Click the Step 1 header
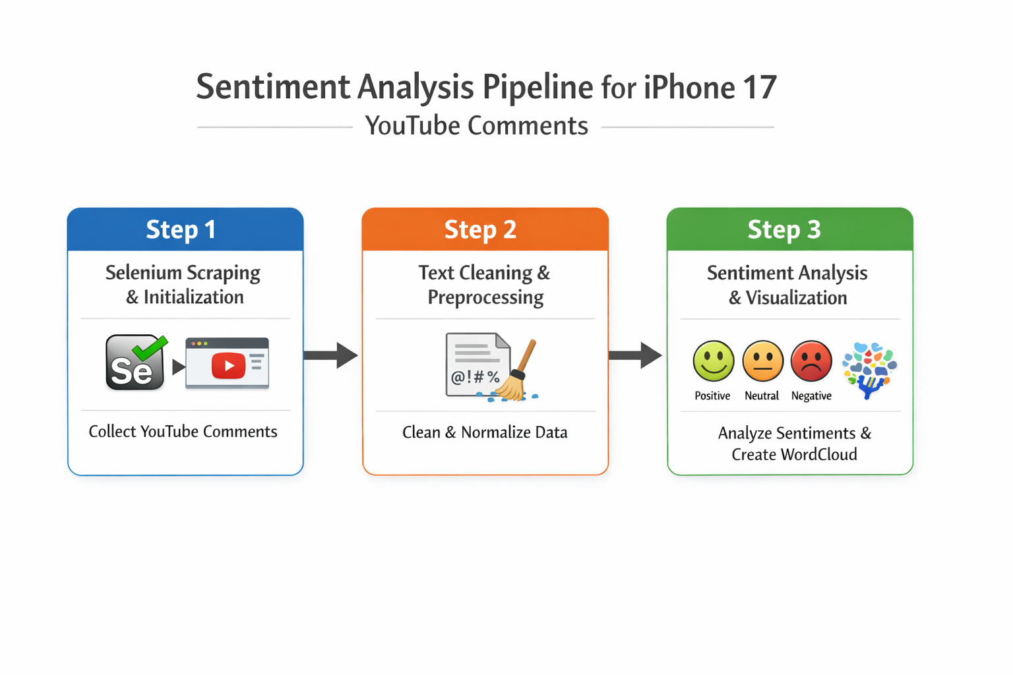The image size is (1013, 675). tap(181, 229)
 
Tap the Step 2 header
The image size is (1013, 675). tap(481, 229)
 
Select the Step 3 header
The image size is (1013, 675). tap(784, 229)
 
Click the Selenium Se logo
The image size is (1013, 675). tap(135, 363)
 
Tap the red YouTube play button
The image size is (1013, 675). tap(228, 366)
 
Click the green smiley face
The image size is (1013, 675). tap(713, 361)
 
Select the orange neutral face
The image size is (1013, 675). tap(762, 361)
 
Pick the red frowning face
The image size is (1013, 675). tap(811, 361)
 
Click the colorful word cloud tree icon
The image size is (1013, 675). tap(869, 368)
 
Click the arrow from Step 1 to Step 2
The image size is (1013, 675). tap(331, 355)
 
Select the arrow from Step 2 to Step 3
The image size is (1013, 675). tap(635, 355)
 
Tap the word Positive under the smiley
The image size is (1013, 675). tap(712, 396)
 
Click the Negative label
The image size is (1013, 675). tap(811, 396)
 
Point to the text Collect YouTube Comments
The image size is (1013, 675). tap(183, 432)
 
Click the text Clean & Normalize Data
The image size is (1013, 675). tap(485, 432)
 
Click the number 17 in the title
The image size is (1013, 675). tap(760, 88)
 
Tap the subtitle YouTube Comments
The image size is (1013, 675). tap(476, 126)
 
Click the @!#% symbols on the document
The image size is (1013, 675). tap(475, 378)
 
